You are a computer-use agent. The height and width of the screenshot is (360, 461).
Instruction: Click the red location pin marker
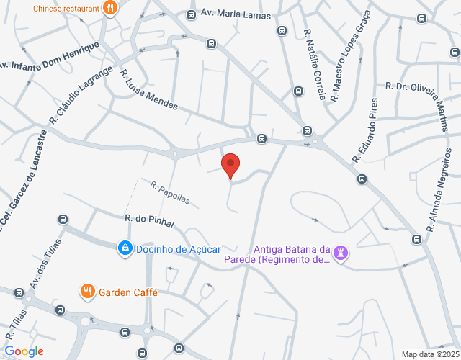click(230, 165)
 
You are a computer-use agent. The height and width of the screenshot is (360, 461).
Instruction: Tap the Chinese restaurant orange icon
click(110, 8)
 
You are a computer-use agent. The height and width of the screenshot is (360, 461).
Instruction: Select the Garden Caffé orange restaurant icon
click(87, 291)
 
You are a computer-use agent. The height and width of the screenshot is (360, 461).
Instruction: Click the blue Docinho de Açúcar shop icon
click(125, 248)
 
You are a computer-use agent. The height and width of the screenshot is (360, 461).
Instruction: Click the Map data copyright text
click(429, 354)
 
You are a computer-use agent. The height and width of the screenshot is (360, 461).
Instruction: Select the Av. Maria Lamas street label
click(236, 14)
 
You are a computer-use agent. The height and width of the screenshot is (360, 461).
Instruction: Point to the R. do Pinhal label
click(150, 221)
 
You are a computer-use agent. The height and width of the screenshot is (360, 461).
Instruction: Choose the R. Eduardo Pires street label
click(364, 130)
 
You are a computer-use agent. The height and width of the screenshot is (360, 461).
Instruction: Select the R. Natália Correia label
click(315, 64)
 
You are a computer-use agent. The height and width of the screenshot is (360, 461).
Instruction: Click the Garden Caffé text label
click(128, 292)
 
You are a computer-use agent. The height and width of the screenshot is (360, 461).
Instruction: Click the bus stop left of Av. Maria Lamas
click(191, 14)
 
